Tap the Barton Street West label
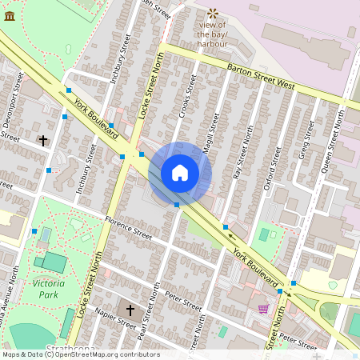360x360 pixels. (261, 76)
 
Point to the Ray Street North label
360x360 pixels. (237, 156)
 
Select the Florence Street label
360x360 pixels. (128, 227)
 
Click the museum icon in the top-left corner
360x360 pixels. (10, 15)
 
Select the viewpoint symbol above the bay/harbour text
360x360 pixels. (213, 13)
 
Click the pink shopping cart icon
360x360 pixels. (263, 309)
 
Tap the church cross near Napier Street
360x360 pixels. (130, 309)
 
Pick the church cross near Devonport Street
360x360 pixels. (42, 140)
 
